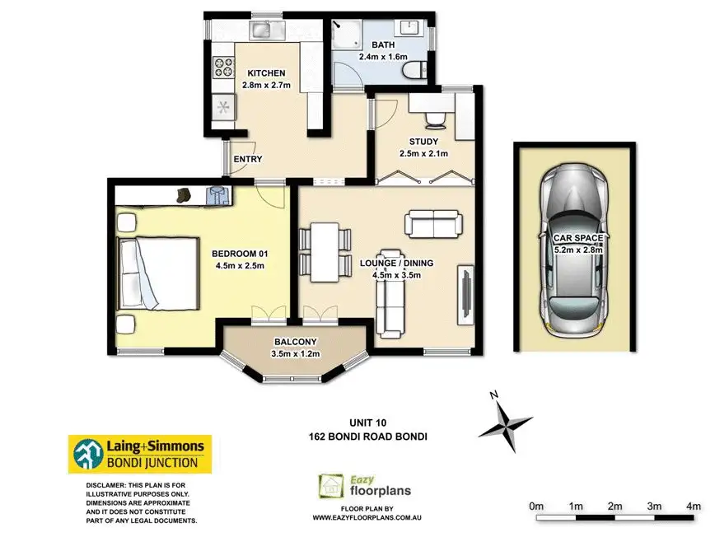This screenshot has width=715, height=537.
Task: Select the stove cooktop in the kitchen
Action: point(222,66)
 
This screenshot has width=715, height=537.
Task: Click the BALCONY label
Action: point(296,342)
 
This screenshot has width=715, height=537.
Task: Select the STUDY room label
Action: point(423,142)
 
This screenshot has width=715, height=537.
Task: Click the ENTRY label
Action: point(248,159)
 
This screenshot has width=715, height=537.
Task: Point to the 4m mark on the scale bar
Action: point(694,505)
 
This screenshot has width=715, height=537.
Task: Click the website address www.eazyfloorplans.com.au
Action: point(367,517)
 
